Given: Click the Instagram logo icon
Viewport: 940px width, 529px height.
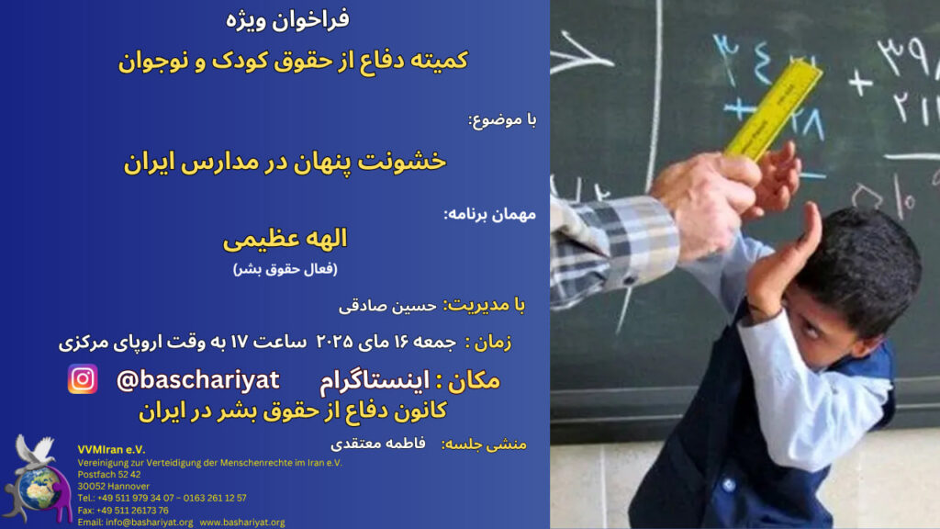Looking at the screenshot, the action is coord(83,379).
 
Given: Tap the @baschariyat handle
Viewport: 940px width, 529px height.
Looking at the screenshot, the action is coord(198,380).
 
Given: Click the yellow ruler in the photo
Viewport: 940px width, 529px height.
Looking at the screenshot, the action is coord(773,108).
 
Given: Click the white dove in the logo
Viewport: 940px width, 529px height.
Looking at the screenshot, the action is coord(34,450).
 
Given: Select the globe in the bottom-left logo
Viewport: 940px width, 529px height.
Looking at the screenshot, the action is coord(39,489).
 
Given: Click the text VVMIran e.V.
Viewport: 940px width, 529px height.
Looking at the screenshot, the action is coord(111,449).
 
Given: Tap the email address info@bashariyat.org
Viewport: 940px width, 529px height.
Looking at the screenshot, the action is coord(135,523).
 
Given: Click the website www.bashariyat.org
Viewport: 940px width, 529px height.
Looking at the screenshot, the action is coord(242,523).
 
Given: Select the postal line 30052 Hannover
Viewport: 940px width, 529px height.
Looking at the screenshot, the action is coord(113,486).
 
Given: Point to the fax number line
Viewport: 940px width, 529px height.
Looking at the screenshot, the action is coord(123,511).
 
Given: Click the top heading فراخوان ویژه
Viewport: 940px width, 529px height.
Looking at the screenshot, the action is coord(287,19).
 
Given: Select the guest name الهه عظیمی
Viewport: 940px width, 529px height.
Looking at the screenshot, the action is coord(285,239).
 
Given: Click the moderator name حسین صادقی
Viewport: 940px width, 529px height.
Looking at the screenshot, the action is coord(387,306).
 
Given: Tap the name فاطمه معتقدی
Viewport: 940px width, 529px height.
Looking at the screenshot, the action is coord(377,444).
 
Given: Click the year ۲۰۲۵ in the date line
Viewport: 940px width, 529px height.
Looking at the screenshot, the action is coord(334,342).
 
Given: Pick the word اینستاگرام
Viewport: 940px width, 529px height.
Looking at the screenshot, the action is coord(375,381).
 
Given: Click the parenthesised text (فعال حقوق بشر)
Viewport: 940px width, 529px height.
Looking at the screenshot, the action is coord(285,269).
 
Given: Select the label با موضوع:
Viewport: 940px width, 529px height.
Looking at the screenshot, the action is coord(502,120).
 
